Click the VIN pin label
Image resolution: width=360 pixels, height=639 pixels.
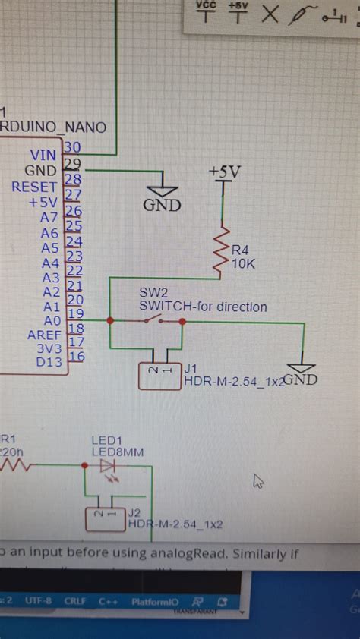point(43,154)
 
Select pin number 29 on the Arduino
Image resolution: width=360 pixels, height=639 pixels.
point(73,163)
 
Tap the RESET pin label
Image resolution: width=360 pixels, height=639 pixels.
point(34,187)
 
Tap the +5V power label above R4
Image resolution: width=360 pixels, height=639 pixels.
point(224,172)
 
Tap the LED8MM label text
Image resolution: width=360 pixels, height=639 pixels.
point(116,452)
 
